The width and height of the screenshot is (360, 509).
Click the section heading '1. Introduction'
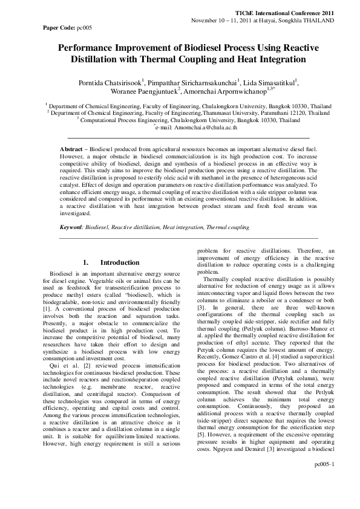coord(111,262)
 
